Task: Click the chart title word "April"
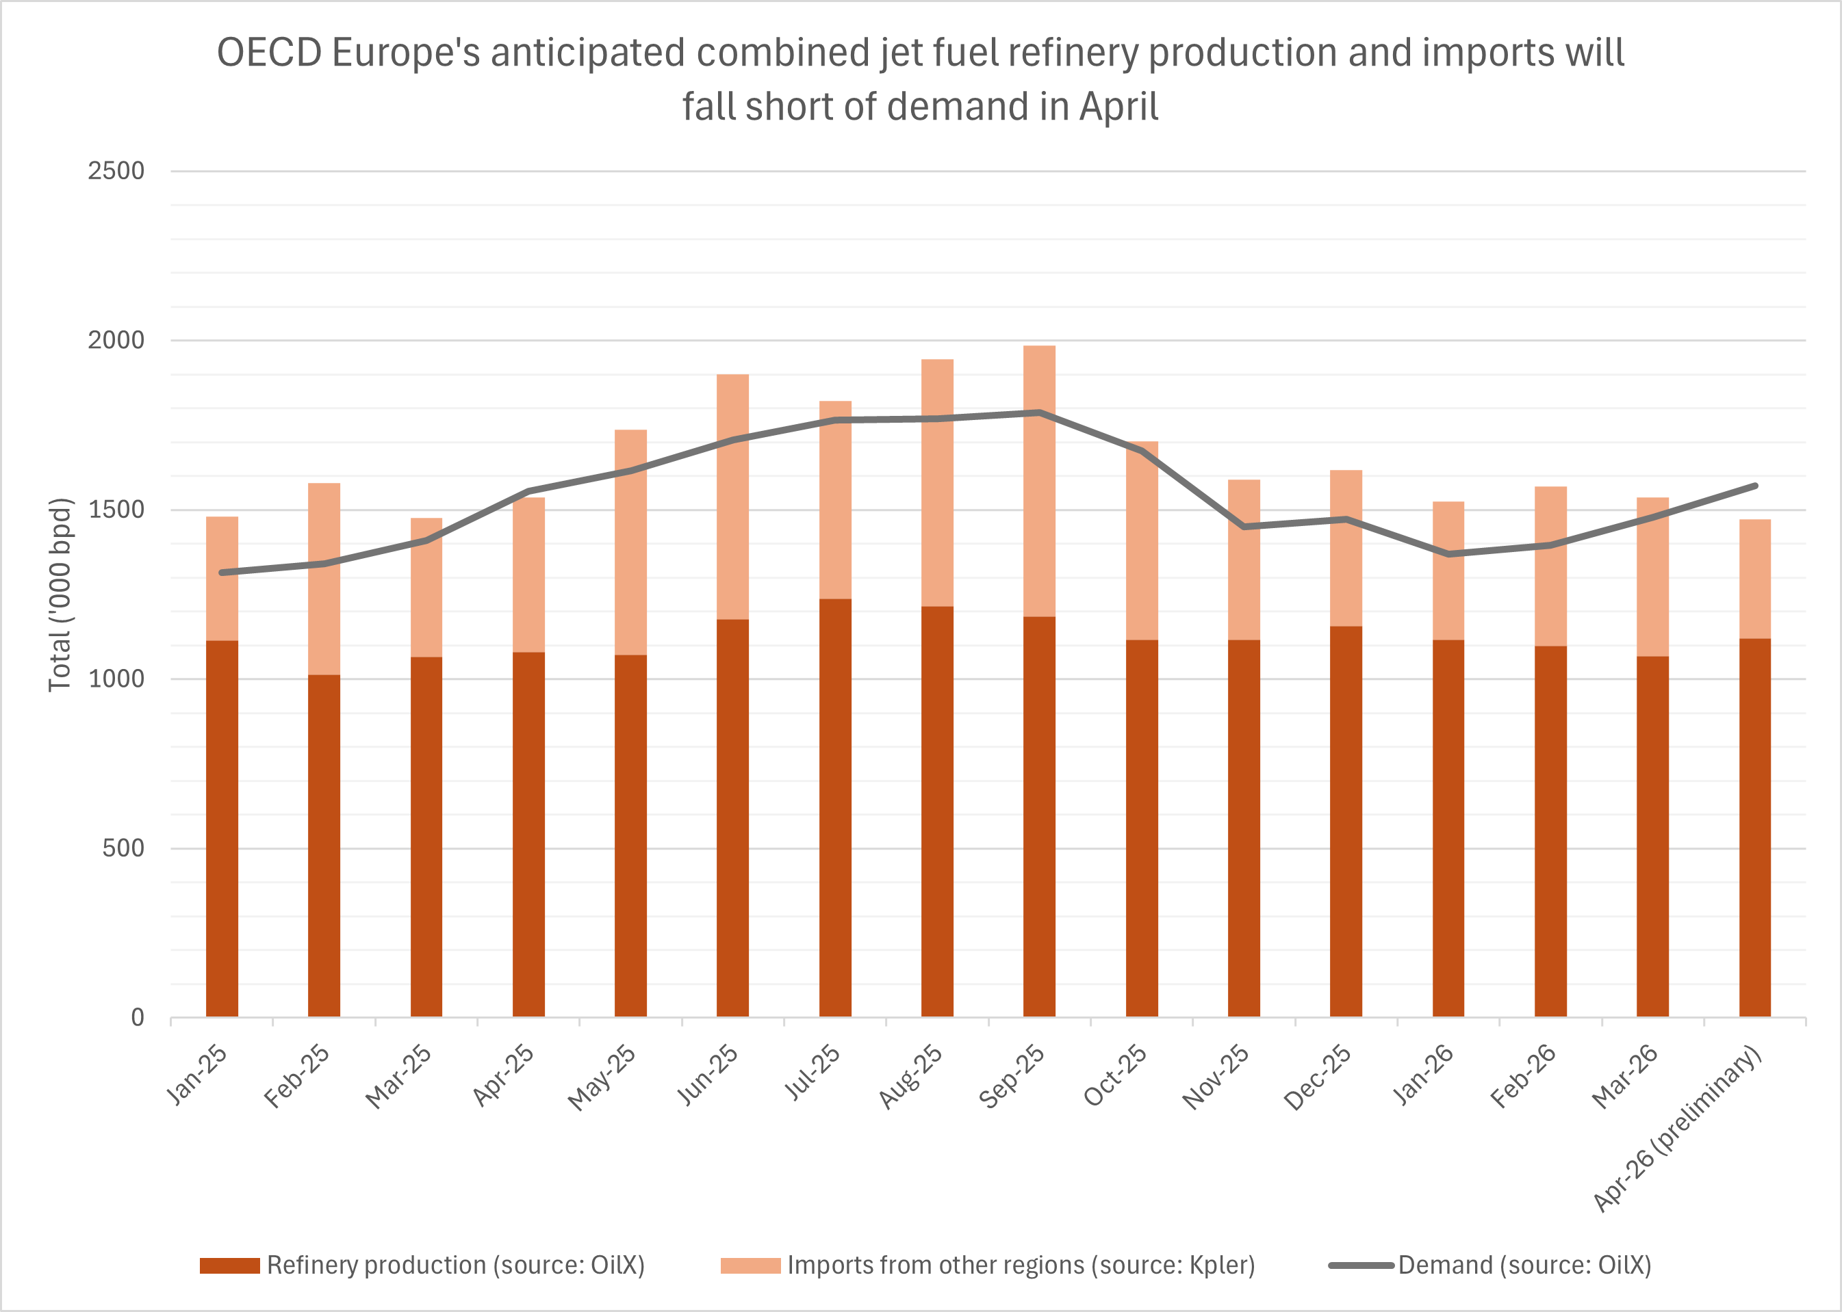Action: (1118, 107)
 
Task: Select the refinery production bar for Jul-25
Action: (835, 808)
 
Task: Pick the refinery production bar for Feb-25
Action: (324, 844)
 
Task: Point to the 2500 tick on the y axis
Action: (116, 170)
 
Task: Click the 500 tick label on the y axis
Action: (123, 848)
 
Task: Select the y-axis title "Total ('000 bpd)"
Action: (61, 594)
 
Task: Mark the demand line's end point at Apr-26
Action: (1754, 486)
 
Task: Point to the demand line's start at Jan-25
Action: (222, 573)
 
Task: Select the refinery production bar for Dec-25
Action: (1346, 820)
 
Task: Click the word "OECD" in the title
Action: (269, 53)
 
